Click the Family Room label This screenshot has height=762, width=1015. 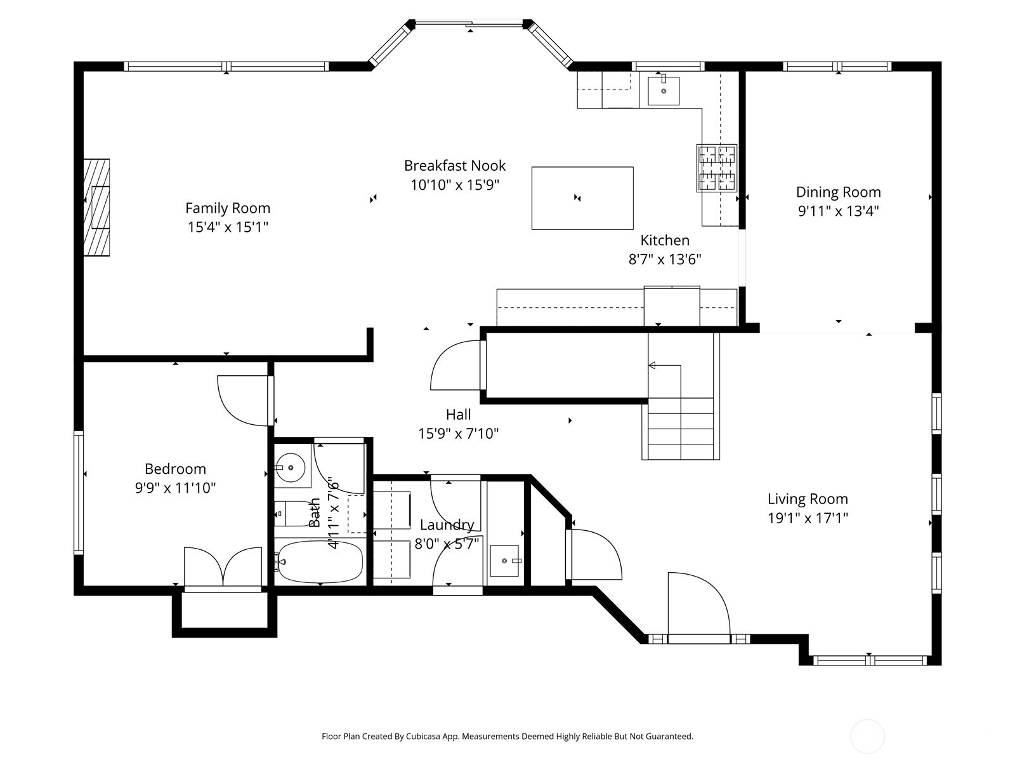coord(228,208)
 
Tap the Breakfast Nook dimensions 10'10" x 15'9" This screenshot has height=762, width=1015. coord(455,185)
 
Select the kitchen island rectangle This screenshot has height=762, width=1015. coord(582,197)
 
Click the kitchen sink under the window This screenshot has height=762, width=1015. coord(664,91)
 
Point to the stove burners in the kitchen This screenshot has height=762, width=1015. coord(717,168)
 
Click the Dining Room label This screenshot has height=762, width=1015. coord(838,192)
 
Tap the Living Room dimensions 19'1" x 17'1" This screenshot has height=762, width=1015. coord(808,518)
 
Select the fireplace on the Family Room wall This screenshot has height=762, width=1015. coord(96,208)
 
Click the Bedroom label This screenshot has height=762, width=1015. coord(175,469)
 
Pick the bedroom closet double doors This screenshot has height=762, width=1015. coord(223,567)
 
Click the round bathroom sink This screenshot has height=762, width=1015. coord(291,468)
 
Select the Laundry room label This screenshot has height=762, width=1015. coord(447,525)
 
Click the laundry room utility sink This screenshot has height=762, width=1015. coord(504,561)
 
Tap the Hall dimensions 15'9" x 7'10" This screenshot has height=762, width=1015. coord(458,434)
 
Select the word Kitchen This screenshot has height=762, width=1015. coord(664,240)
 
